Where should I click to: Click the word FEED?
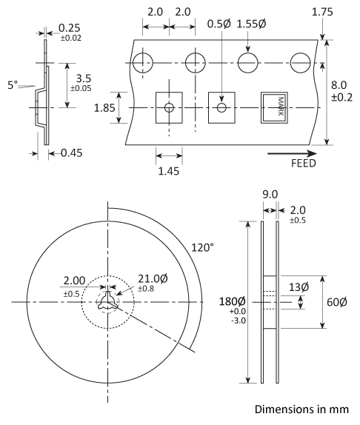pyautogui.click(x=304, y=164)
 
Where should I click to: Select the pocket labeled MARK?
pyautogui.click(x=274, y=108)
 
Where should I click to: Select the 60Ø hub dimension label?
pyautogui.click(x=336, y=302)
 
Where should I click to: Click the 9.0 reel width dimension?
pyautogui.click(x=270, y=195)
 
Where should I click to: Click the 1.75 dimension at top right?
pyautogui.click(x=322, y=12)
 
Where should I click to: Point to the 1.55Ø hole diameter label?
pyautogui.click(x=253, y=24)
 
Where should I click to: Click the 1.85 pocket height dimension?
pyautogui.click(x=105, y=107)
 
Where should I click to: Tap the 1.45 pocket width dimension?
pyautogui.click(x=169, y=170)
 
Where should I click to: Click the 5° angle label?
pyautogui.click(x=13, y=85)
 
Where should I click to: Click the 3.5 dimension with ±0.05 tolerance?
pyautogui.click(x=83, y=77)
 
